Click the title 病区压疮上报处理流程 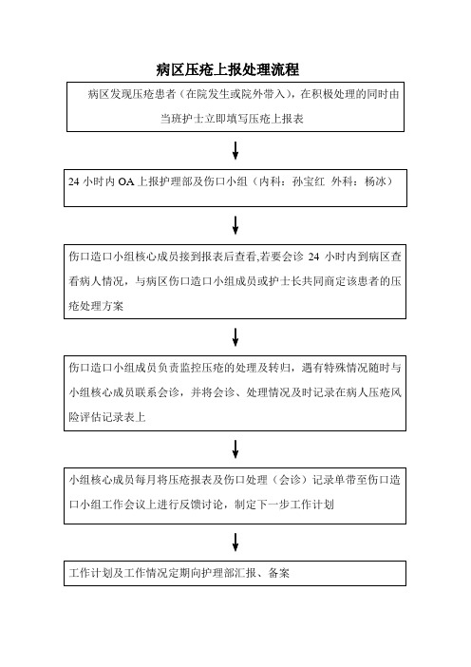click(227, 69)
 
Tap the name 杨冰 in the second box click(375, 181)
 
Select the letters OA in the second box click(126, 182)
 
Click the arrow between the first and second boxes click(235, 150)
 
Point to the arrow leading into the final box click(235, 543)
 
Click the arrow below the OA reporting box click(235, 225)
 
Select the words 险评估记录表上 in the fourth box click(107, 417)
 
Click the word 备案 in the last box click(278, 573)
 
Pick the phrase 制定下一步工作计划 click(284, 505)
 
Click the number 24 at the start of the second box click(74, 182)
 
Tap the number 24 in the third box click(313, 257)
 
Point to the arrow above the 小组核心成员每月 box click(235, 449)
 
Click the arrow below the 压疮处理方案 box click(235, 337)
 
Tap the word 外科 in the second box click(342, 181)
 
